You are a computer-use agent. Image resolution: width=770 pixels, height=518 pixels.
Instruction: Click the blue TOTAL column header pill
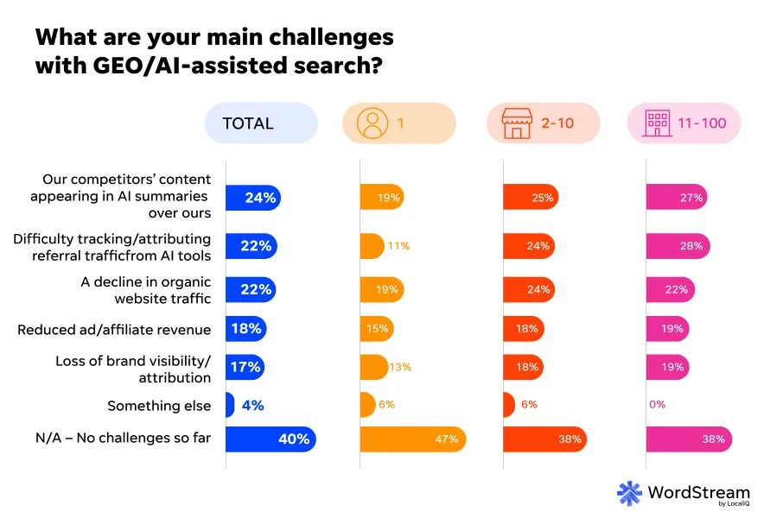(x=260, y=123)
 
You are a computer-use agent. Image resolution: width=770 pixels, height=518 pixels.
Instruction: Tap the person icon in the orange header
(x=372, y=123)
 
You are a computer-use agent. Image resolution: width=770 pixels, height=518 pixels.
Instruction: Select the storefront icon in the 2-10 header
(x=516, y=123)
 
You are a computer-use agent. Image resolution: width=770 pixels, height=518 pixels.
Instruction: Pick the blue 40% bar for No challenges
(x=270, y=439)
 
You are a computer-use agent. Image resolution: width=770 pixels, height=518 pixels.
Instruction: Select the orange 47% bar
(x=412, y=439)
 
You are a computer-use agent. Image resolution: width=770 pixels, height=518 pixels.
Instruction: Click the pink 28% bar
(x=678, y=246)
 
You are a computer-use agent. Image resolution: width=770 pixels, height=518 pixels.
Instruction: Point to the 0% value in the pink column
(x=657, y=405)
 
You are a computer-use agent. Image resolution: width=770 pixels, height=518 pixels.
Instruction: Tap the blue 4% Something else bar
(x=230, y=405)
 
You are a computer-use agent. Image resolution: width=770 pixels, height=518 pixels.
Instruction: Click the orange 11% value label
(x=398, y=246)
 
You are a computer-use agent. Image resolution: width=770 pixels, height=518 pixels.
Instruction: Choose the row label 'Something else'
(x=159, y=405)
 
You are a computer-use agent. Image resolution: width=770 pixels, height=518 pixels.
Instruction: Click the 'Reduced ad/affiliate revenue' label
(x=114, y=329)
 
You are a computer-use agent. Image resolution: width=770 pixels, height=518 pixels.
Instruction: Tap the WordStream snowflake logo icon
(x=629, y=493)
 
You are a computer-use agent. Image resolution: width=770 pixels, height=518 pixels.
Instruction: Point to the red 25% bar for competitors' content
(x=530, y=198)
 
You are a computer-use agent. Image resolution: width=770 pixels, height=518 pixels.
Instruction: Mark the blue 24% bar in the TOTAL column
(x=252, y=198)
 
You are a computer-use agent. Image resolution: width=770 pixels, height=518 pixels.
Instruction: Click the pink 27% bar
(x=676, y=198)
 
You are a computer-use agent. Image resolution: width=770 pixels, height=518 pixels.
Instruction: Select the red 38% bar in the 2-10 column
(x=544, y=439)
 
